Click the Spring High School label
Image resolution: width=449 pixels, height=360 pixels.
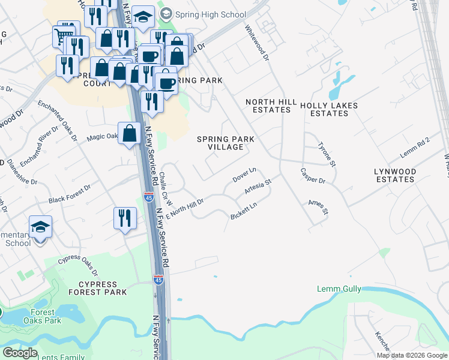tap(208, 14)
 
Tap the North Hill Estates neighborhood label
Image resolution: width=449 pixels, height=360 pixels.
tap(271, 106)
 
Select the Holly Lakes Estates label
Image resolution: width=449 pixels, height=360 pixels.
tap(329, 109)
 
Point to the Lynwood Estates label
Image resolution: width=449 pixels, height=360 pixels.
tap(394, 175)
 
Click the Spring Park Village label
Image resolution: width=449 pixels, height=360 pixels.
tap(226, 143)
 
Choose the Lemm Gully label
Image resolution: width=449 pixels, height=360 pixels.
tap(339, 289)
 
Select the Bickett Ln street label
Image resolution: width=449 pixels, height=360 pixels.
tap(244, 211)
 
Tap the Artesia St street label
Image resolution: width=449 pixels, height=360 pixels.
tap(259, 187)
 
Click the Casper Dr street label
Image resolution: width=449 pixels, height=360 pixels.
tap(313, 176)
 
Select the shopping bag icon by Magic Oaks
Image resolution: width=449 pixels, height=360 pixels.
tap(129, 133)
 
